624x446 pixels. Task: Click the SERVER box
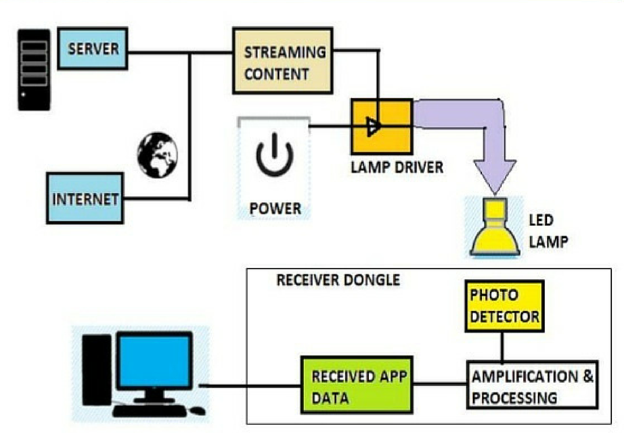92,49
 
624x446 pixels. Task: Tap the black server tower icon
35,70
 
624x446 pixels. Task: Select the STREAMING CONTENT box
282,60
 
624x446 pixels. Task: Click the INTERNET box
85,198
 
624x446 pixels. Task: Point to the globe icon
158,155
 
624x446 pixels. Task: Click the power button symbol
274,155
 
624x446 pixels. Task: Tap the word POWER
275,209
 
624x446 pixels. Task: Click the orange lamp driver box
382,126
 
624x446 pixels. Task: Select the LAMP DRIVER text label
397,168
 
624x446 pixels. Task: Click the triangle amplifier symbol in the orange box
374,126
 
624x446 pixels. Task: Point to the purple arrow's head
495,176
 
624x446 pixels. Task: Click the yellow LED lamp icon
495,227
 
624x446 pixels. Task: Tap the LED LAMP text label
548,231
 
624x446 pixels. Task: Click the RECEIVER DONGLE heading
338,280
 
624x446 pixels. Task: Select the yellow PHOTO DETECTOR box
504,306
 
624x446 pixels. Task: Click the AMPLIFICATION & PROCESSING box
532,385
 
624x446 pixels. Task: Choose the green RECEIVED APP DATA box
357,385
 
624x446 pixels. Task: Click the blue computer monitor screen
154,362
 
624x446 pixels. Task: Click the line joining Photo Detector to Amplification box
502,347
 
